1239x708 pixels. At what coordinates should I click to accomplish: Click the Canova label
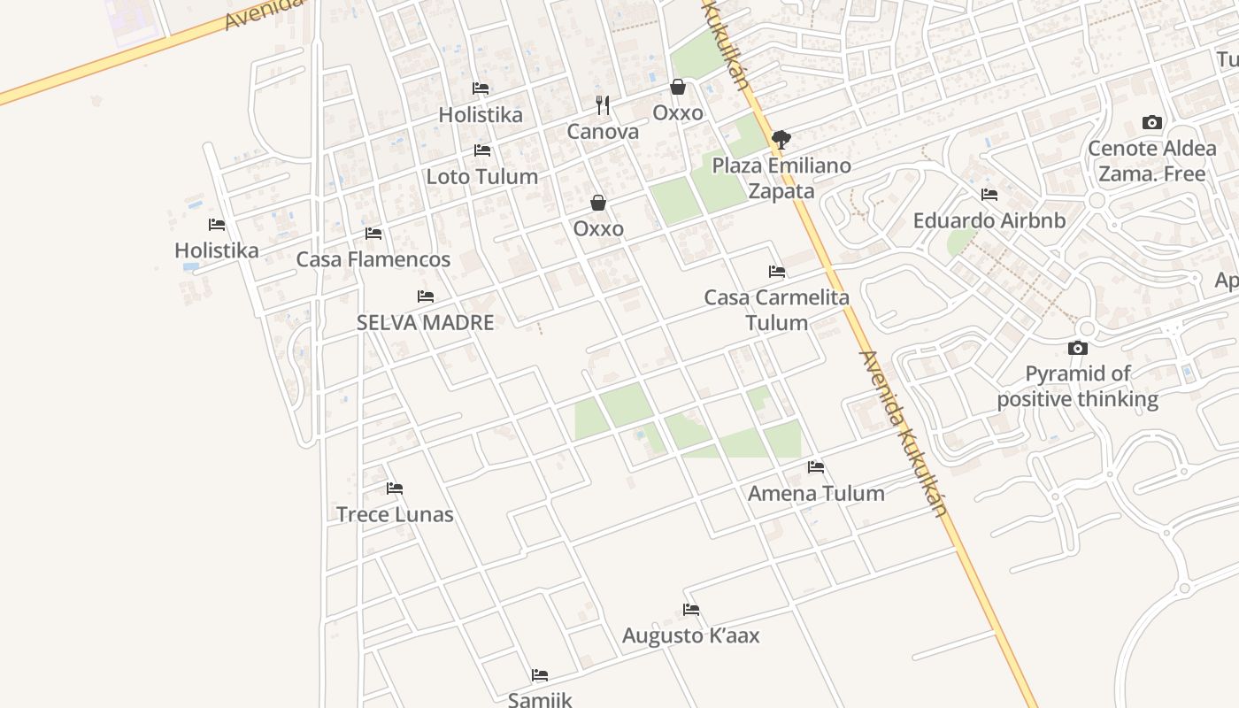[603, 132]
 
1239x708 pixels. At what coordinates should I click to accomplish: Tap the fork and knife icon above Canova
[603, 105]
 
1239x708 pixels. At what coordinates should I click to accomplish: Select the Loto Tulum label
[482, 176]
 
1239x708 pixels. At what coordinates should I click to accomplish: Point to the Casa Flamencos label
[373, 259]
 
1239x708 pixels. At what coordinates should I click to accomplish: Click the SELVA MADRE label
[426, 322]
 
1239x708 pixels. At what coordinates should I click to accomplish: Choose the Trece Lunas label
[395, 514]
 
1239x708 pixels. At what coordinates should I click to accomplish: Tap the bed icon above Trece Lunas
[395, 489]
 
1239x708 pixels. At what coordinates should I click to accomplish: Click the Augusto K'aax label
[691, 635]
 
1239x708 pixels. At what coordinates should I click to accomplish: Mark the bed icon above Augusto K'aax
[691, 610]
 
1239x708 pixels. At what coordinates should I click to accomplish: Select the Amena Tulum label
[816, 493]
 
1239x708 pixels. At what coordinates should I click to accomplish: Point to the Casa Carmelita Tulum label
[777, 310]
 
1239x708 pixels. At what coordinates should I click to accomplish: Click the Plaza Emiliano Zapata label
[781, 178]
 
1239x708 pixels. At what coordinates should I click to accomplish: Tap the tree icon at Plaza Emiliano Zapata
[781, 139]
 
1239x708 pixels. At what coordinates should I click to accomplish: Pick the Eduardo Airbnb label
[989, 220]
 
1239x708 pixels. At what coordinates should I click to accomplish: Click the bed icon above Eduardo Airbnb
[989, 195]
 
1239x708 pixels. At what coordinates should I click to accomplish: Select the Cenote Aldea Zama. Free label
[1151, 160]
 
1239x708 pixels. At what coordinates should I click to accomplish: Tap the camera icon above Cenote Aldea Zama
[1151, 122]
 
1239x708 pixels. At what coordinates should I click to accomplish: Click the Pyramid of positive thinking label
[1078, 386]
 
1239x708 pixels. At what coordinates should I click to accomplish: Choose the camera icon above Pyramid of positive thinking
[1078, 348]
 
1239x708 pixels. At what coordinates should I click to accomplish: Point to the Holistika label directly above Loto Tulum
[481, 114]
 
